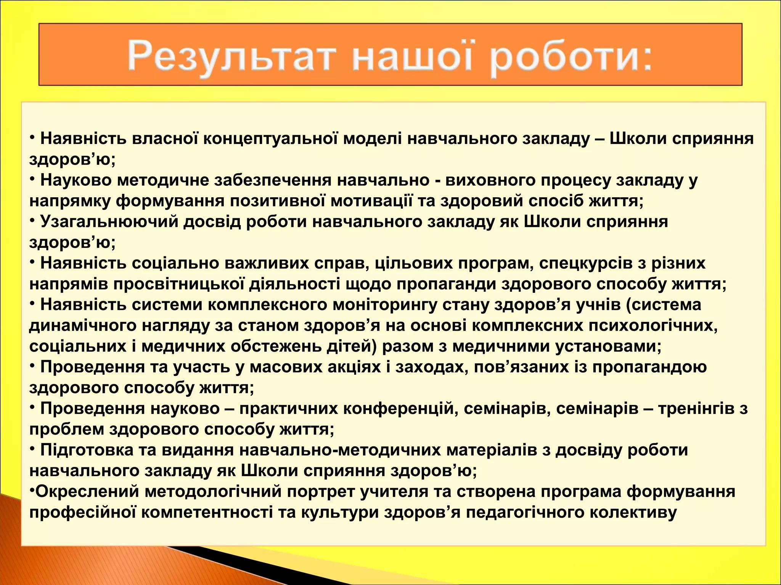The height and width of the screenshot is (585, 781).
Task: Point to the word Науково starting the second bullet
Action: pos(76,180)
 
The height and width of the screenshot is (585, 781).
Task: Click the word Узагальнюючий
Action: pos(109,222)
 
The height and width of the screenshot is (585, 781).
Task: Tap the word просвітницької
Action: pos(178,284)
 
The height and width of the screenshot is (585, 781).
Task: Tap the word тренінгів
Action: pos(696,408)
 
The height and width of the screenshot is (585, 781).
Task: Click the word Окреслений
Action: pos(87,491)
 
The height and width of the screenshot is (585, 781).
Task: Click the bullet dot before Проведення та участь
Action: pos(32,365)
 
